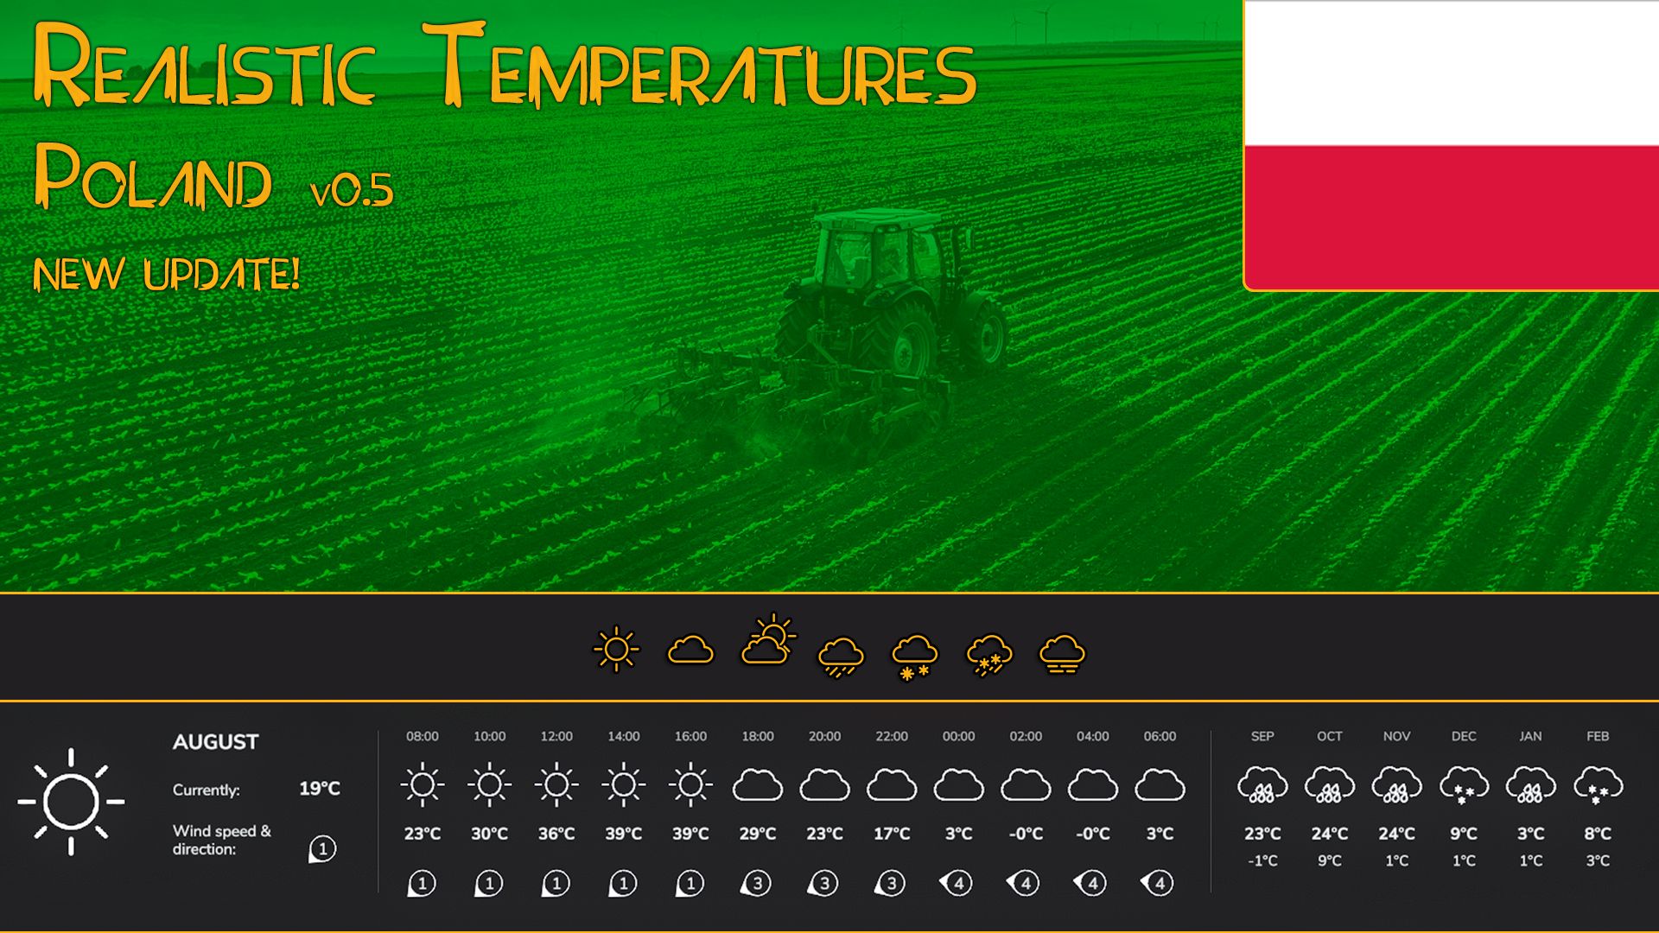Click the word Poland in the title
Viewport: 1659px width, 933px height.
(153, 176)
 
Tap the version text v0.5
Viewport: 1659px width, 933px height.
(352, 190)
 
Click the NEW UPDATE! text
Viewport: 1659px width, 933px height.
(167, 275)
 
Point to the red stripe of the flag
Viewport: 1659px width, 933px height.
(1452, 217)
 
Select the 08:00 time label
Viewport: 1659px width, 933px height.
(423, 736)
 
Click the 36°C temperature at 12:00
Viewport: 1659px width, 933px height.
(556, 834)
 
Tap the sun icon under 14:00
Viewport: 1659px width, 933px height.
(623, 784)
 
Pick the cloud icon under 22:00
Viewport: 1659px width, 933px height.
(892, 785)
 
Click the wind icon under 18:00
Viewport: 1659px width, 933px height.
(756, 883)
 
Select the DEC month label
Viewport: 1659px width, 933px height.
(1464, 736)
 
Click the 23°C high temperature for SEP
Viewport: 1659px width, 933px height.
(1262, 834)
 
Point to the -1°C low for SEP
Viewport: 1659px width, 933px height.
(1262, 860)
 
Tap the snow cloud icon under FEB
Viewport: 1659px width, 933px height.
(1598, 785)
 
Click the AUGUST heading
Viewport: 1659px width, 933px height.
(215, 742)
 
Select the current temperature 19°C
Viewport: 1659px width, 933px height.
(320, 789)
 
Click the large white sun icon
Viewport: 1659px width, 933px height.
(71, 802)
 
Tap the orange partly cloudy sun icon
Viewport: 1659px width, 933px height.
(767, 640)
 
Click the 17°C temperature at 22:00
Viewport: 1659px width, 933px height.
(892, 834)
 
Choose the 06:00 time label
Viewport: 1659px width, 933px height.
(1160, 736)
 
